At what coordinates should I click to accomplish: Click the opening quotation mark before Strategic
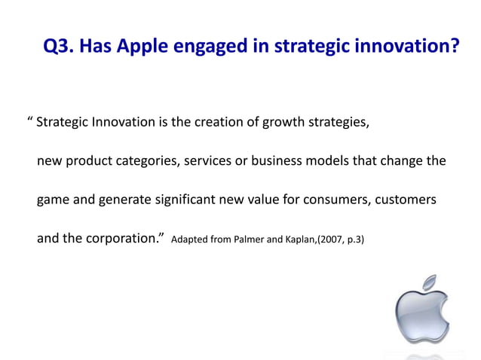[x=29, y=121]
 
